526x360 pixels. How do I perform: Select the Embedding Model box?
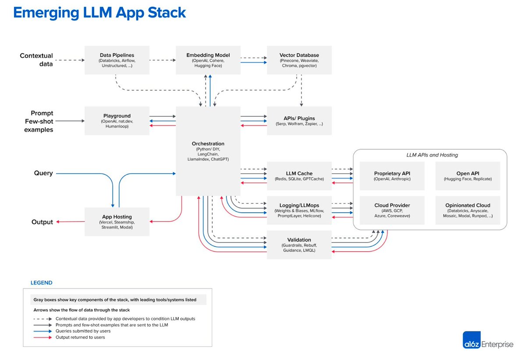coord(208,60)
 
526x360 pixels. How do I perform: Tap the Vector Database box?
coord(299,60)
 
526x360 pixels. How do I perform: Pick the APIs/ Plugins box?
coord(299,121)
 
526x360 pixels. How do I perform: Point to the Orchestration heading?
coord(208,143)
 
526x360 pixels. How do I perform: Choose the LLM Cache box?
coord(299,176)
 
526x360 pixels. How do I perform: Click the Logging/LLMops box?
coord(299,210)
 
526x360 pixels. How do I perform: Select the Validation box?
coord(299,245)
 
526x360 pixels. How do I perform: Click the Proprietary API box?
coord(392,176)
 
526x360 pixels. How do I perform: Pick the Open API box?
coord(467,176)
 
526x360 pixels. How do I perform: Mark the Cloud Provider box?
coord(392,210)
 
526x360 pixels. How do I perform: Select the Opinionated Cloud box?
coord(467,210)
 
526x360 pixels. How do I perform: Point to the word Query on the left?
coord(43,173)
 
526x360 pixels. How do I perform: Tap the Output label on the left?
coord(42,222)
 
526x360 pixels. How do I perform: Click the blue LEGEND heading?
coord(41,283)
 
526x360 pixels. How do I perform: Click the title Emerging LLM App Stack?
coord(100,13)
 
